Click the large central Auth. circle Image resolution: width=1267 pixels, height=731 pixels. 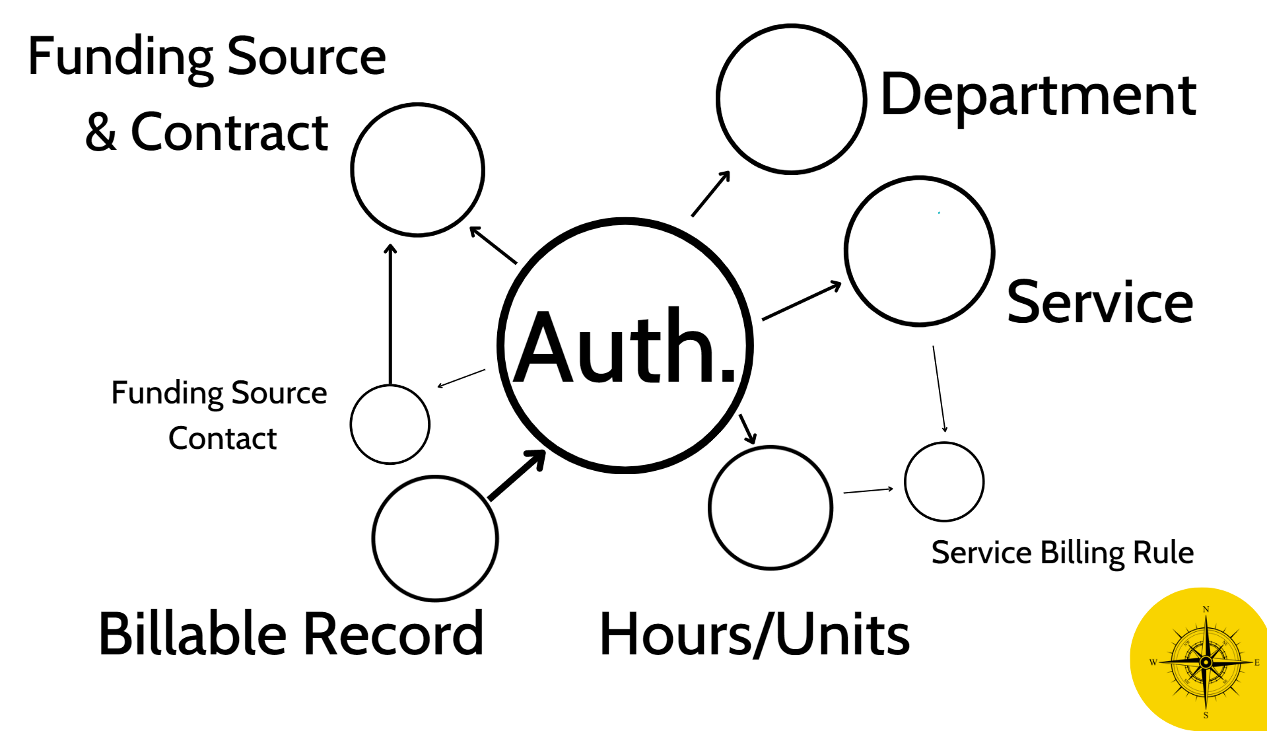[x=625, y=345]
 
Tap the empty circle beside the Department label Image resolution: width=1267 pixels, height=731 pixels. [x=791, y=99]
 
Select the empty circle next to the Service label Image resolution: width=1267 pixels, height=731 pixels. [x=919, y=251]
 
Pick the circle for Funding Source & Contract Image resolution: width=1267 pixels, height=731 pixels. [x=417, y=170]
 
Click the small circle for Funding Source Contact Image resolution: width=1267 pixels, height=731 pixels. [x=390, y=424]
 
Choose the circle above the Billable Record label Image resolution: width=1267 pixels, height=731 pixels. [x=434, y=538]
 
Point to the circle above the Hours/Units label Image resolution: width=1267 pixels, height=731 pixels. [x=770, y=507]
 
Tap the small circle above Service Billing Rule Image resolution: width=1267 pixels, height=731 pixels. [x=943, y=481]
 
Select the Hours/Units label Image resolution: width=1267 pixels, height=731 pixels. [x=754, y=634]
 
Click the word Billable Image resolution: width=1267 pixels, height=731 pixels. [x=192, y=634]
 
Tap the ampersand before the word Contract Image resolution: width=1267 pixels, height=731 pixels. [x=101, y=132]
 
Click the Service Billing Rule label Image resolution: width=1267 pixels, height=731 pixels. [x=1062, y=553]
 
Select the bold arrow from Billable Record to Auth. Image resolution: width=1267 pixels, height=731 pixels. [x=517, y=475]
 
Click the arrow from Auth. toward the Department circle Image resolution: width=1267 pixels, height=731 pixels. [x=710, y=193]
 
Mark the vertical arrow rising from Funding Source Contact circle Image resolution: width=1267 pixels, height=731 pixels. [x=390, y=314]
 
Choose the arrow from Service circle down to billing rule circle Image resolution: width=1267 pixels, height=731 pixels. [x=939, y=388]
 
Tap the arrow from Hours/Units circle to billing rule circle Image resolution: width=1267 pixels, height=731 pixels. [x=868, y=491]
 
